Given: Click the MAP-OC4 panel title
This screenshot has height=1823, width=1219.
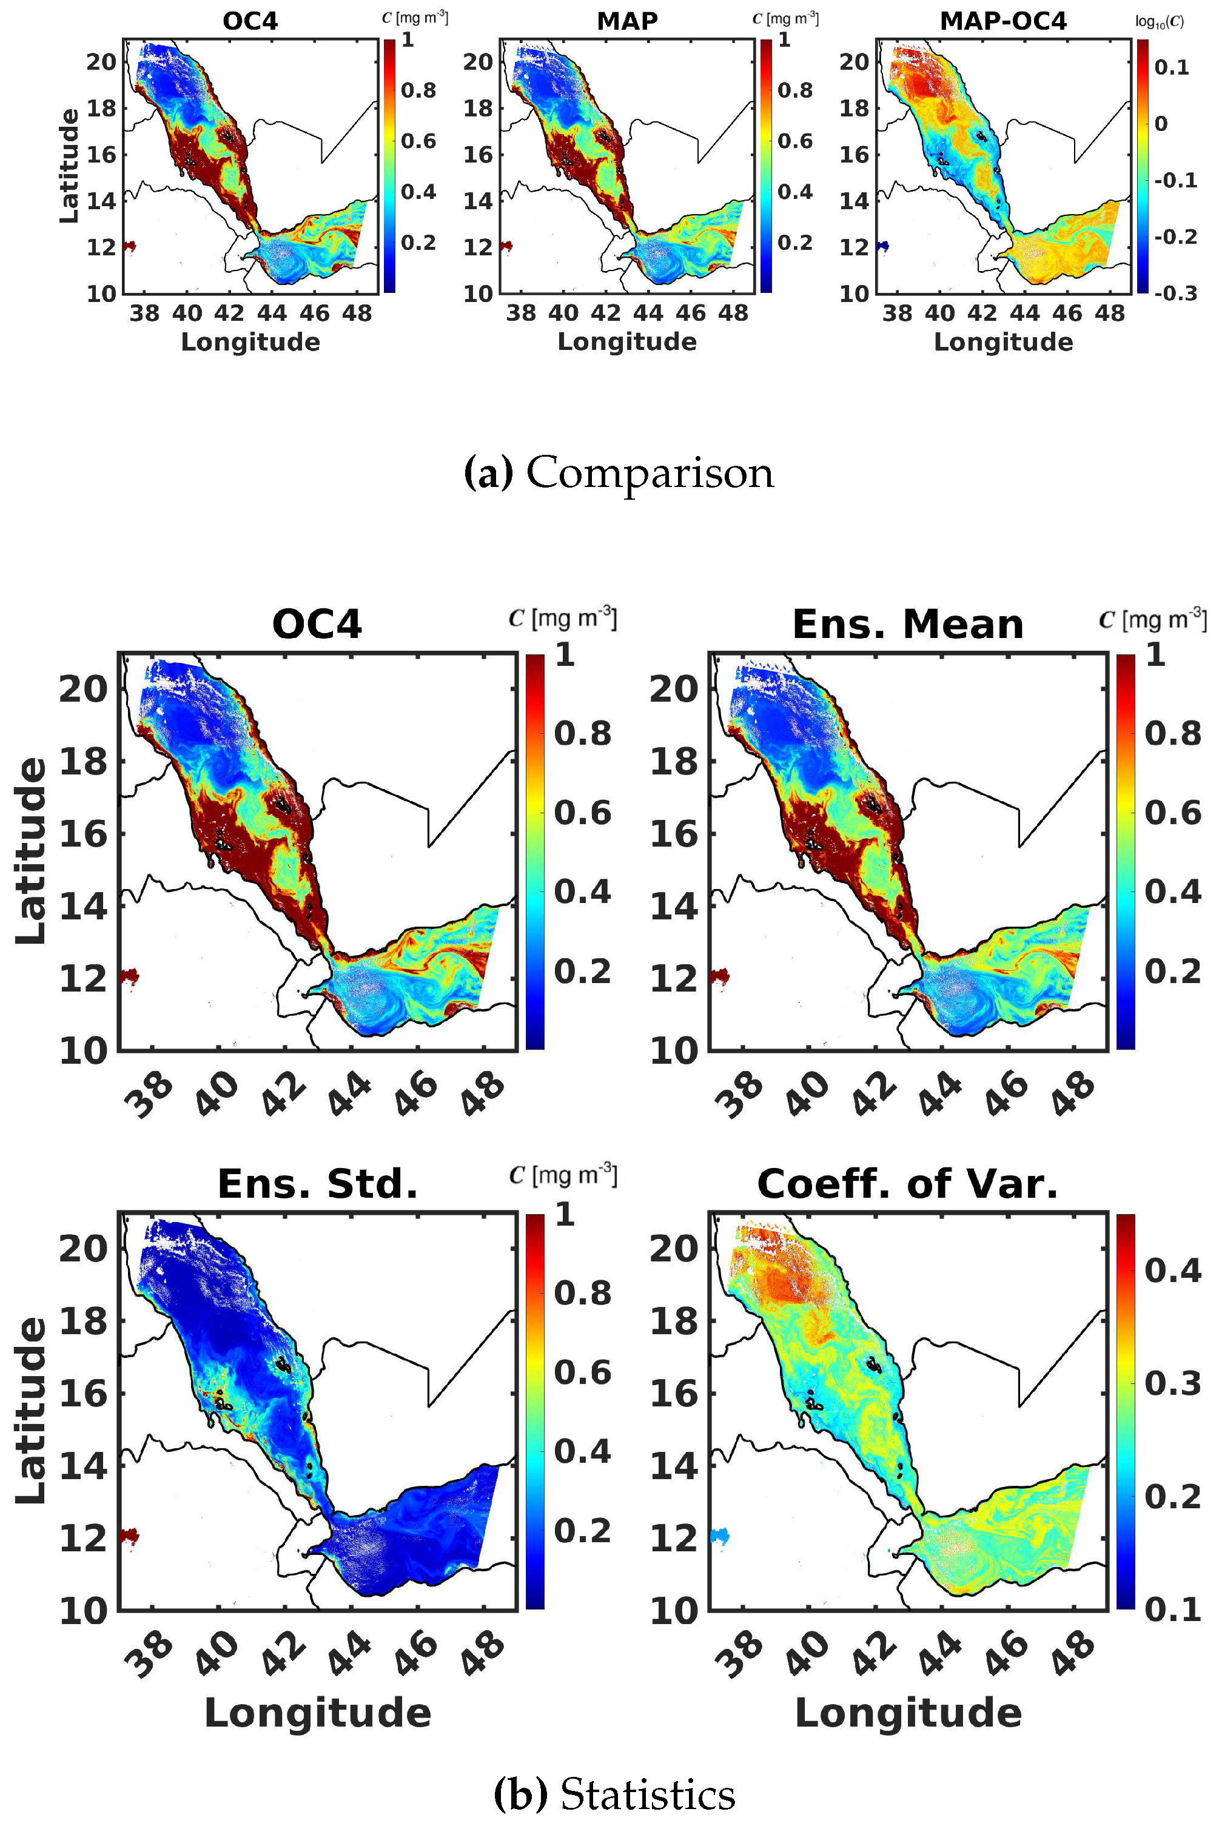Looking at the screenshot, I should (x=1003, y=21).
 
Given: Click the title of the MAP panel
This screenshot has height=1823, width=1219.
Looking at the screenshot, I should (x=626, y=21).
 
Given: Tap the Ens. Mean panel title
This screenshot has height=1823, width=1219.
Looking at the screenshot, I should (x=907, y=625).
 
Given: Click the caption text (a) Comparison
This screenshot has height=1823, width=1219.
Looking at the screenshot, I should (x=618, y=472).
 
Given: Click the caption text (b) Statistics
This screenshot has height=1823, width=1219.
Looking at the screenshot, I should (x=614, y=1794).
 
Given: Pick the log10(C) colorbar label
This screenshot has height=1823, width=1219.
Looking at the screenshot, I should (x=1159, y=22).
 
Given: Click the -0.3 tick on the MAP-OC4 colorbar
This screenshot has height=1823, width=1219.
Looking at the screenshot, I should (x=1175, y=293).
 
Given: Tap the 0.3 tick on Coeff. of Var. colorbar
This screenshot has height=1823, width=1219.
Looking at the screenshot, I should (x=1172, y=1384).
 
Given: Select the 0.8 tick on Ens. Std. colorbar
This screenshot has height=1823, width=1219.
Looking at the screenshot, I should (x=582, y=1294).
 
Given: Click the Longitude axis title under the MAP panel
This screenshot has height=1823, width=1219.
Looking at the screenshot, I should (x=626, y=342).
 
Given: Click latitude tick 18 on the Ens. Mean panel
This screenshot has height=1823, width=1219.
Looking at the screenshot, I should (x=673, y=761).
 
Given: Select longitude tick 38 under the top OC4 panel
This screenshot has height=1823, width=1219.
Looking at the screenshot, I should (x=144, y=314).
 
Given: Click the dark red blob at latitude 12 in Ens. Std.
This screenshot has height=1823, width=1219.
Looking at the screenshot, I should (x=129, y=1536).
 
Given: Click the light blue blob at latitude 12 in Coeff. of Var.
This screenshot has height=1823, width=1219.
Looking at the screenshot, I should (x=720, y=1536).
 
